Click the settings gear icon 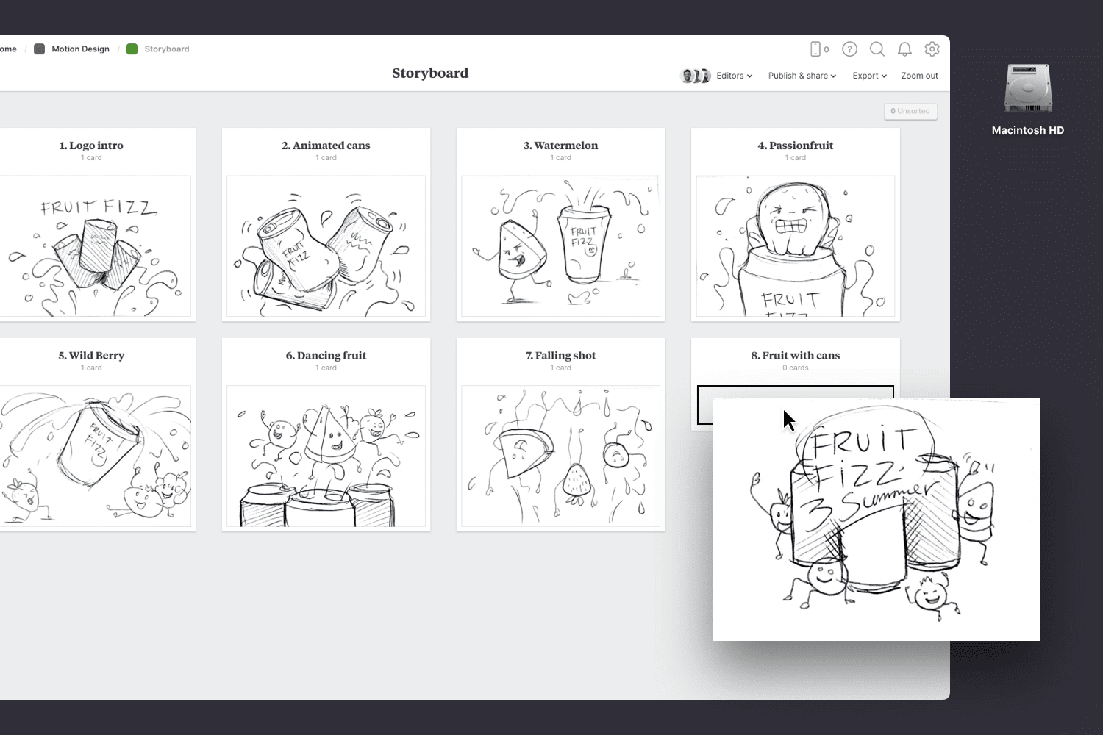(932, 49)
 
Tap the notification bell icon (904, 49)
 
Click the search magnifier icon (877, 49)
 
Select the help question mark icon (849, 49)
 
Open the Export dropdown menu (869, 76)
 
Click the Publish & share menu (802, 76)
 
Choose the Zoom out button (919, 76)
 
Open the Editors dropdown (734, 76)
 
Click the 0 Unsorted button (910, 111)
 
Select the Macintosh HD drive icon (1028, 89)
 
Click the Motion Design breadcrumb (80, 49)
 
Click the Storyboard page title (430, 73)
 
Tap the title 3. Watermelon (560, 146)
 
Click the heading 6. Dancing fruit (326, 356)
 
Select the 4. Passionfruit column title (795, 146)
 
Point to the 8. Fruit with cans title (795, 356)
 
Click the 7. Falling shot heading (560, 356)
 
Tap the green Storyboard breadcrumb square (132, 49)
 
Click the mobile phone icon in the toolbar (815, 49)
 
